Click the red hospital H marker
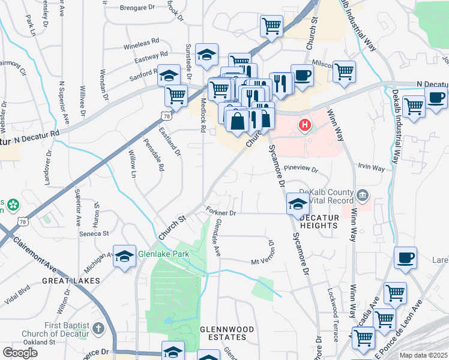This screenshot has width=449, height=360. point(305,125)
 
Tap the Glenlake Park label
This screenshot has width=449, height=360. point(163,254)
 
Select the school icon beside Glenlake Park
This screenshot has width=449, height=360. point(124,256)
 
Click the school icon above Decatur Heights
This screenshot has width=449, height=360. point(298,203)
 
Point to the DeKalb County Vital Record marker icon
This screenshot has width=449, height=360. point(363,195)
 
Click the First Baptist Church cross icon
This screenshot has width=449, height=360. point(98,329)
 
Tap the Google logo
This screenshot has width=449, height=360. point(20,353)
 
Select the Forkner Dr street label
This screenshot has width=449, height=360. point(221,212)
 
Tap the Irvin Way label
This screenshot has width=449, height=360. point(371,168)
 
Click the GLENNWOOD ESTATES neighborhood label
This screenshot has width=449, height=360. point(223,333)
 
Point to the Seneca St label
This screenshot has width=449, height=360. point(95,233)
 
